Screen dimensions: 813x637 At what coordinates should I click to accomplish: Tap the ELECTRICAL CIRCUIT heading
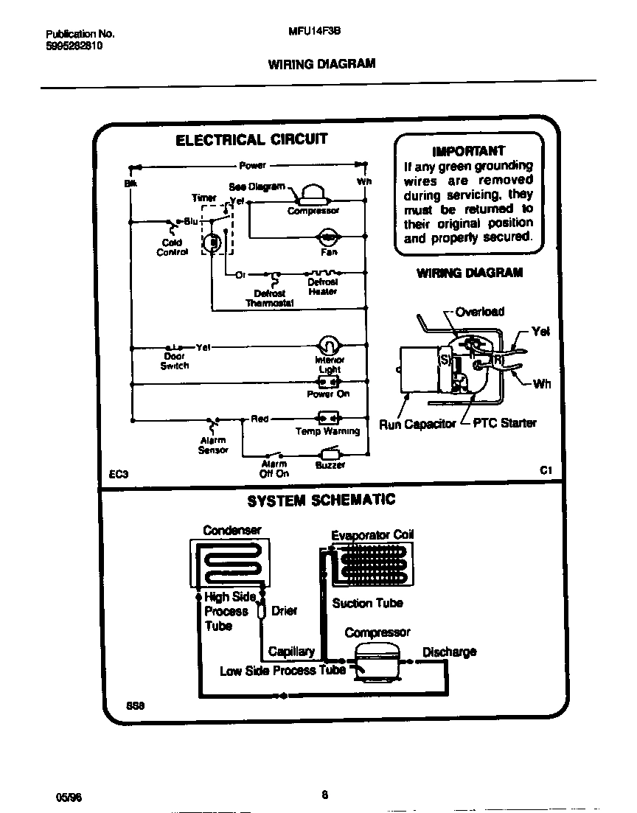pyautogui.click(x=251, y=140)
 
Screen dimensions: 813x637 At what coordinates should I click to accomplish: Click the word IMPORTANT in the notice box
pyautogui.click(x=468, y=151)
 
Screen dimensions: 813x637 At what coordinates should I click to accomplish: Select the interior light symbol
pyautogui.click(x=328, y=345)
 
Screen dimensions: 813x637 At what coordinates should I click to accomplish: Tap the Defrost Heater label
pyautogui.click(x=322, y=287)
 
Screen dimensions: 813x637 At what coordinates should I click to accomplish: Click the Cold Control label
pyautogui.click(x=172, y=247)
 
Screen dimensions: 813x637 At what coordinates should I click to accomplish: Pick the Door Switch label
pyautogui.click(x=175, y=361)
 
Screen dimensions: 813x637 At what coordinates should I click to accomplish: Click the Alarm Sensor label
pyautogui.click(x=213, y=445)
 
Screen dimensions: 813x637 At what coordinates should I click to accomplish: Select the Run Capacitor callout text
pyautogui.click(x=417, y=425)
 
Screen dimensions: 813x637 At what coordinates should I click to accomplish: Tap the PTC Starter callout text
pyautogui.click(x=504, y=423)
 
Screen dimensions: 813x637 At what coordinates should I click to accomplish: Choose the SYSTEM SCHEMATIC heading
pyautogui.click(x=321, y=500)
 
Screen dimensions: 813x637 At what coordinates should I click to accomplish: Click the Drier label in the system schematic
pyautogui.click(x=284, y=611)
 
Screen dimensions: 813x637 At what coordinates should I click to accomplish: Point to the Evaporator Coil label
pyautogui.click(x=372, y=536)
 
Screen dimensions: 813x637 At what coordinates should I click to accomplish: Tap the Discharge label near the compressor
pyautogui.click(x=449, y=652)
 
